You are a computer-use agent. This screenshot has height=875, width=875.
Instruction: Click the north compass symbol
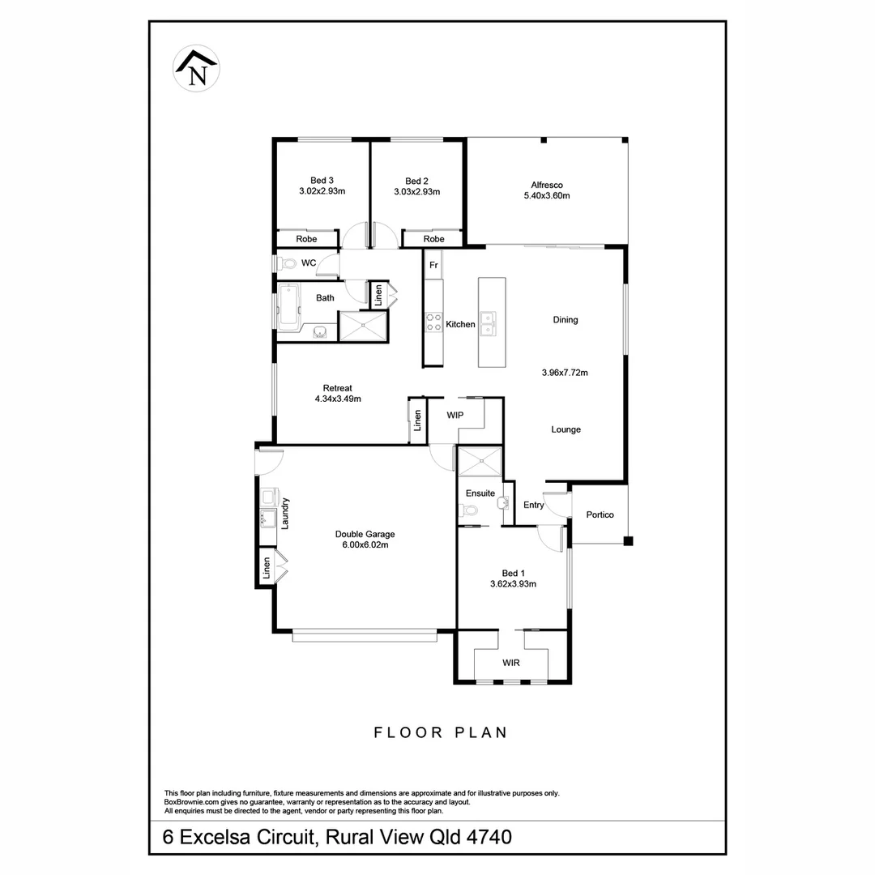coord(198,70)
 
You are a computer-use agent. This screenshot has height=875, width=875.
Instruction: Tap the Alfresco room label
coord(547,184)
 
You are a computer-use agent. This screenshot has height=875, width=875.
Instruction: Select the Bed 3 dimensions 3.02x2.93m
coord(322,192)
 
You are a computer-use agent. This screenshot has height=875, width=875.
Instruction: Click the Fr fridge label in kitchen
coord(433,265)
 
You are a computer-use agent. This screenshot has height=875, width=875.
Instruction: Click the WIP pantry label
coord(455,415)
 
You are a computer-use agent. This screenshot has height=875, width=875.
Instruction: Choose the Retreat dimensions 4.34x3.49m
coord(337,399)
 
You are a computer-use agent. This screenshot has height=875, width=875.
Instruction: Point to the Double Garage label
coord(365,534)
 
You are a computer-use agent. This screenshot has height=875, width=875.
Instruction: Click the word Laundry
coord(285,513)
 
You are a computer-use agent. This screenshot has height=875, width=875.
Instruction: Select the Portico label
coord(600,515)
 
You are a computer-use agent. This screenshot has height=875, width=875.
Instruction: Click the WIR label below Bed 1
coord(510,663)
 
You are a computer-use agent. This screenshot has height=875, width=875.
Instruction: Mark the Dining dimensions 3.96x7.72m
coord(565,373)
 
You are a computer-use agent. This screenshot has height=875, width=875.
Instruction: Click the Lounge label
coord(566,429)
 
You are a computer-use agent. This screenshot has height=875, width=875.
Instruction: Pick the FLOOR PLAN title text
coord(440,732)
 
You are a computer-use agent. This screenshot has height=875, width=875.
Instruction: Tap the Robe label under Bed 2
coord(433,239)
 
